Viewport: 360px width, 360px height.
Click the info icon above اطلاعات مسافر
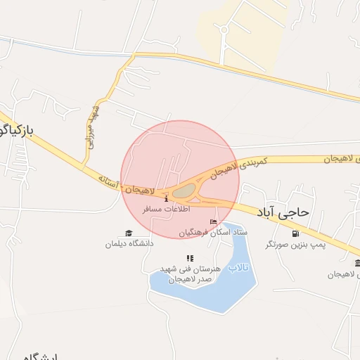166,199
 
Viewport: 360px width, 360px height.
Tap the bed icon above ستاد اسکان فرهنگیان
213,221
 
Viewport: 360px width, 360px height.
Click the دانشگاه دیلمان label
129,243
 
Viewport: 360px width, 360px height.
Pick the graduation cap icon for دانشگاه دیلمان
128,233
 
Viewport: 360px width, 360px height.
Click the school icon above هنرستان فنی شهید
189,259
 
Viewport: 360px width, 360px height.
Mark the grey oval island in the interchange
184,191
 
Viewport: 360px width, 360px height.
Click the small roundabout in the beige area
224,30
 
